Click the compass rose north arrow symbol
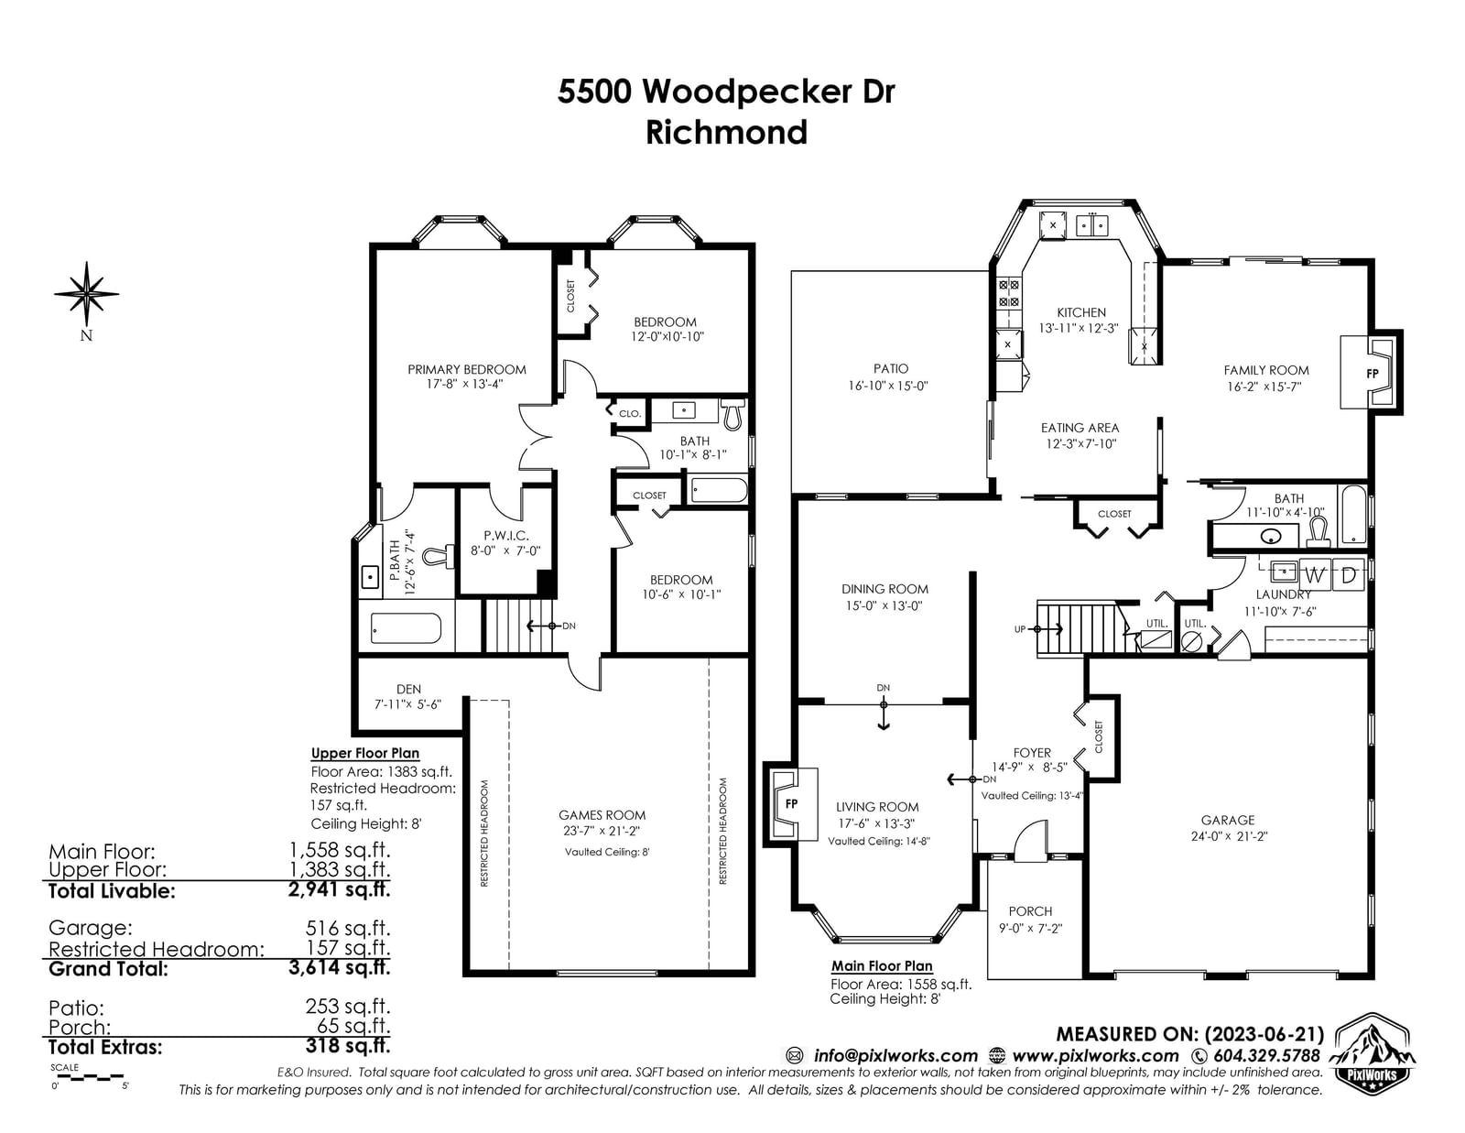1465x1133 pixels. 86,294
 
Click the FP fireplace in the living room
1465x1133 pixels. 791,803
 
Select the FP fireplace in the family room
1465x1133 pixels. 1372,373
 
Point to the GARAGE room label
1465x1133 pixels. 1228,820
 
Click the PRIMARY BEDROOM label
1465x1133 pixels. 467,369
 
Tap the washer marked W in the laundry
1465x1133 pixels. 1315,575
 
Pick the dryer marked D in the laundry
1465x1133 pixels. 1349,575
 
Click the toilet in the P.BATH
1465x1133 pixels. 436,556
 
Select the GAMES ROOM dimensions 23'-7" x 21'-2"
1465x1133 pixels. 602,832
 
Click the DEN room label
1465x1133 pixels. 408,690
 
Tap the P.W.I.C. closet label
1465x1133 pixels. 505,536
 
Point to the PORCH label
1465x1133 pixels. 1030,911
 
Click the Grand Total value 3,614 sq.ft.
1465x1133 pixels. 340,968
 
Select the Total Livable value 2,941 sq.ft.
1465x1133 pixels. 340,889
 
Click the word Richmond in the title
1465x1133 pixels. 726,132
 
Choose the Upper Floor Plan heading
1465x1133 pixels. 364,753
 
